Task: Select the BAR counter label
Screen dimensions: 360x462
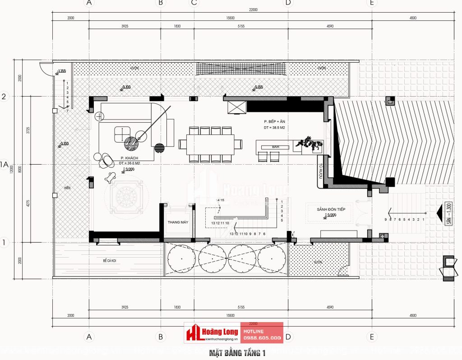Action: [276, 147]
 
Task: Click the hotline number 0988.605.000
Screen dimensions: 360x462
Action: [263, 337]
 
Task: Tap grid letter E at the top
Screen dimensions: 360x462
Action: [371, 3]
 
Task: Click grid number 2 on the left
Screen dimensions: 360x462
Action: [4, 97]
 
